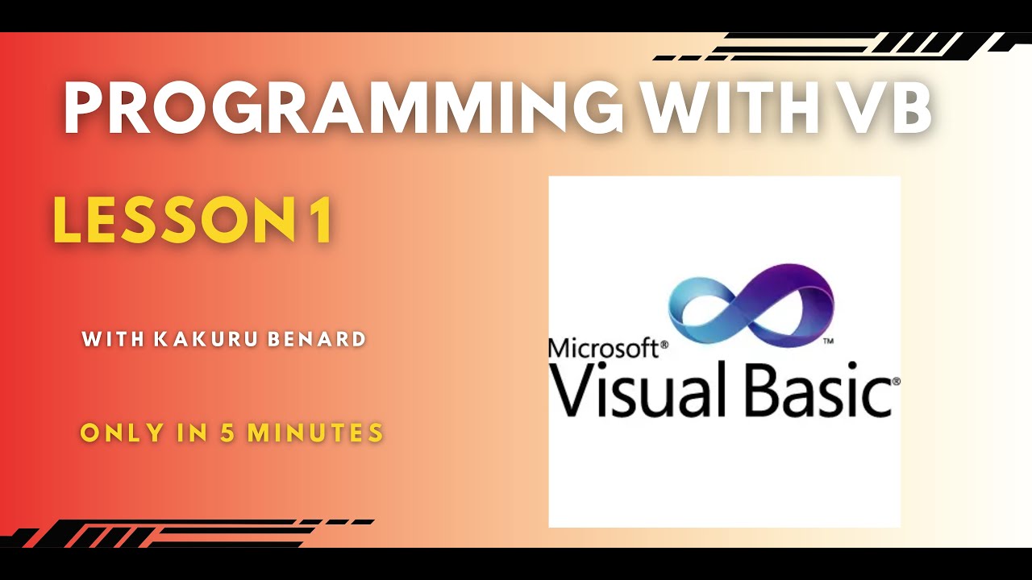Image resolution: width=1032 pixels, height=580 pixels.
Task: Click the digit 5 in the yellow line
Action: click(228, 433)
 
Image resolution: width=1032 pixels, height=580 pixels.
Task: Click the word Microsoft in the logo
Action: click(602, 347)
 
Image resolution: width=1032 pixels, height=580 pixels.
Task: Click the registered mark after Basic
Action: click(895, 380)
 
